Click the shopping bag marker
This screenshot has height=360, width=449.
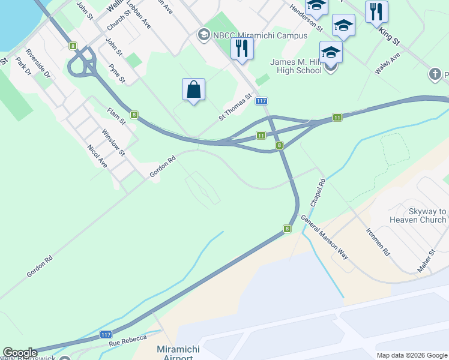193,90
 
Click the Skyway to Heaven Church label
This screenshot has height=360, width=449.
418,215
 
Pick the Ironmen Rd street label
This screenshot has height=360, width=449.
378,242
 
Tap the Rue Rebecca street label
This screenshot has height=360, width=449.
128,340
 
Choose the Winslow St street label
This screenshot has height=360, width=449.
113,142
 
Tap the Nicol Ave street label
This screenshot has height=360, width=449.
97,156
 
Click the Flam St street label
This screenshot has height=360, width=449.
116,116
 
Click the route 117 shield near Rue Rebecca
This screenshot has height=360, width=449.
106,335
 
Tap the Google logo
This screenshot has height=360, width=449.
20,353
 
